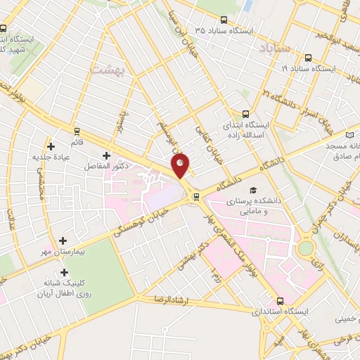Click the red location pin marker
(181, 165)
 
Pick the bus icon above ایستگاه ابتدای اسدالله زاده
(245, 113)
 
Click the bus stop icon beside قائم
(77, 131)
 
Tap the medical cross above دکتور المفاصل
(106, 155)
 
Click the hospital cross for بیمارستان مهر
(64, 240)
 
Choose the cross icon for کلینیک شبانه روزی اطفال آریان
(64, 272)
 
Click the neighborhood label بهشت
(105, 68)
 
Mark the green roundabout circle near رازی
(306, 247)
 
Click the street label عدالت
(12, 219)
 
